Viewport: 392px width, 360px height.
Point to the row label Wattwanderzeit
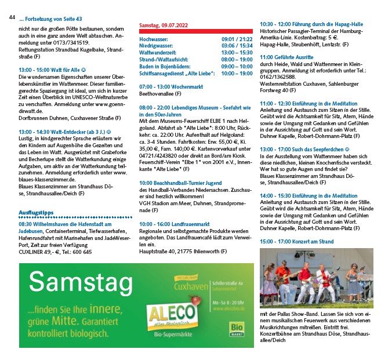point(159,53)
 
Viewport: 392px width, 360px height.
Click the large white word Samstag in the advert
point(79,283)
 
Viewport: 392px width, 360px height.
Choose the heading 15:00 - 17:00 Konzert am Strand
point(296,241)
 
